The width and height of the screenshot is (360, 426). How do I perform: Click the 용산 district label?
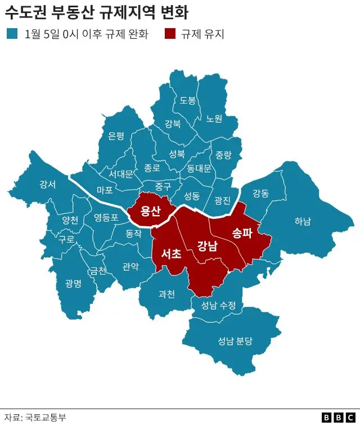coord(151,211)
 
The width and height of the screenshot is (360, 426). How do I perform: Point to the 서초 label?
coord(171,254)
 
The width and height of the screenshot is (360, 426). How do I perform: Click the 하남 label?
coord(302,221)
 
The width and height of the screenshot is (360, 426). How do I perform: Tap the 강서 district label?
coord(47,185)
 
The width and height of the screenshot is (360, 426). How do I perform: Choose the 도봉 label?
coord(188,100)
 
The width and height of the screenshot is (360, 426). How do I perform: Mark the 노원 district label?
coord(214,119)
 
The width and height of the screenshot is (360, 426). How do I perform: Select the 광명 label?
coord(73,283)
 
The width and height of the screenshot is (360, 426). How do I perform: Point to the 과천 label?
coord(166,293)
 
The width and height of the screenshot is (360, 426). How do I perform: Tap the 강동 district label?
coord(260,194)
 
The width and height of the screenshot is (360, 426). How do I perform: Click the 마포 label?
coord(105,190)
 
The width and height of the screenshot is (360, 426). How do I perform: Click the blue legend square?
coord(11,34)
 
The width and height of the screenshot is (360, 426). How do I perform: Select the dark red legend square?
coord(170,34)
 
